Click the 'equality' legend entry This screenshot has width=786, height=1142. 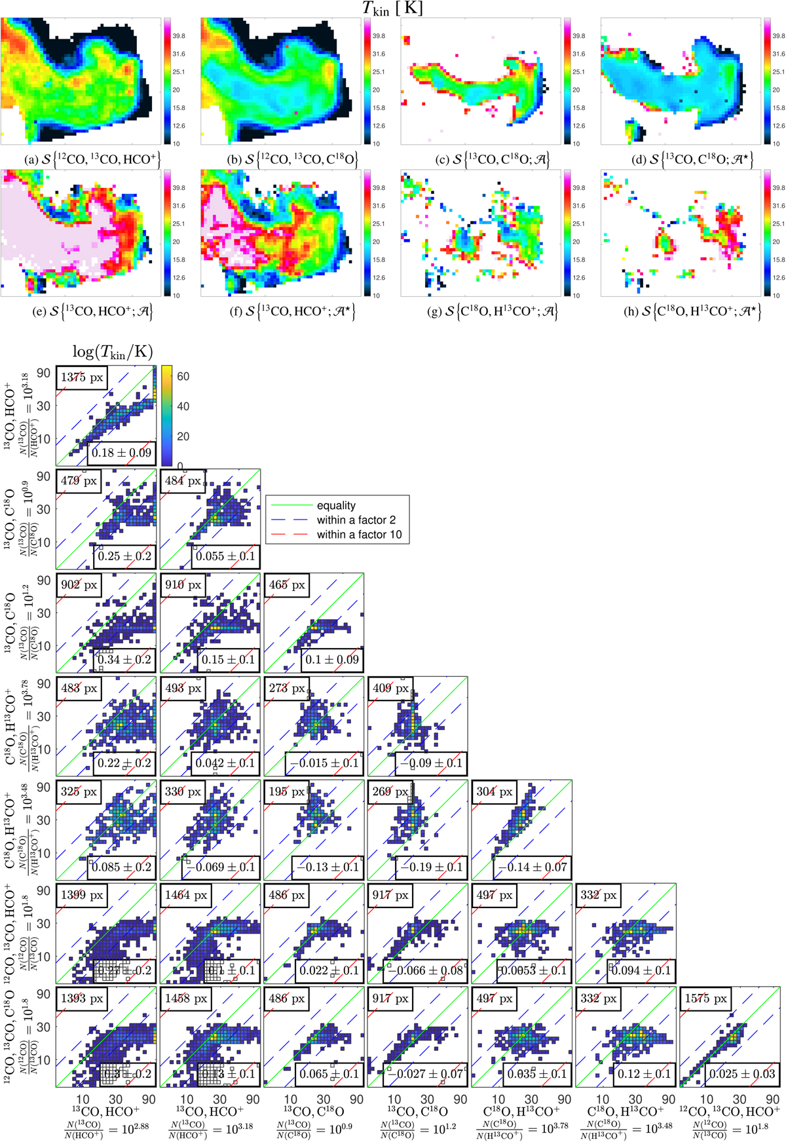(336, 506)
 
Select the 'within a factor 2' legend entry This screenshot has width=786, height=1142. (356, 520)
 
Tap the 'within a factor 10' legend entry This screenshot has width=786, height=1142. (358, 535)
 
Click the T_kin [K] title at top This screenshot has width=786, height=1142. (392, 8)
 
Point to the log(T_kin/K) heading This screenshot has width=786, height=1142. (112, 352)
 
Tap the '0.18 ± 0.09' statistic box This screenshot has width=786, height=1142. (121, 453)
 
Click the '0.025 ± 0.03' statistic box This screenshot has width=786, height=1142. (741, 1074)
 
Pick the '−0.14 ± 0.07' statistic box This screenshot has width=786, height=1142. (533, 867)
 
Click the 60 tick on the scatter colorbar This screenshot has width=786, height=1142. (183, 377)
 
